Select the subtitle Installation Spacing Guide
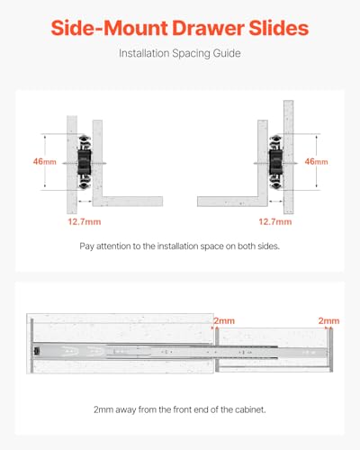[x=180, y=53]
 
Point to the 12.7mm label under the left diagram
[x=84, y=220]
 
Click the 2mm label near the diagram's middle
[x=224, y=320]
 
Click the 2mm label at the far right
[x=328, y=320]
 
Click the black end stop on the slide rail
[x=37, y=350]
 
